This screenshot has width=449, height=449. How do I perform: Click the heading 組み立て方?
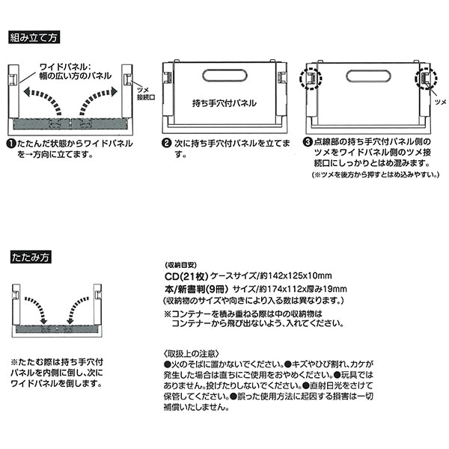coord(34,37)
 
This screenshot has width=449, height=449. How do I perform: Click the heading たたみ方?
coord(31,257)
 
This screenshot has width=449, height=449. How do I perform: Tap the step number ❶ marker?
coord(11,144)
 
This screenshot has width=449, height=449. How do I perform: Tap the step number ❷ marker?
coord(166,143)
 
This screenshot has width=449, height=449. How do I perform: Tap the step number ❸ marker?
coord(308,141)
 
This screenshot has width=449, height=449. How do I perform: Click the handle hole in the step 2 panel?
coord(224,76)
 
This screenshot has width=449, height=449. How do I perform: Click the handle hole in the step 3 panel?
coord(368,76)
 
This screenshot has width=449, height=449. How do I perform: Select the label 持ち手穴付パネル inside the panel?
coord(224,103)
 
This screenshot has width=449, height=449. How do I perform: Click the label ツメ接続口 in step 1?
coord(146,94)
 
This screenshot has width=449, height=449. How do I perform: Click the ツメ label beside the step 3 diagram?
coord(441,102)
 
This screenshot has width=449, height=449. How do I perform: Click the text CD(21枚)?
coord(186,276)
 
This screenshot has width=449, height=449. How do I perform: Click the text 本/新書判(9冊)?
coord(196,290)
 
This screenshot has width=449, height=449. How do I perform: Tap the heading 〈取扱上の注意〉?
coord(192,354)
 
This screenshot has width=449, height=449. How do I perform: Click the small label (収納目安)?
coord(181,265)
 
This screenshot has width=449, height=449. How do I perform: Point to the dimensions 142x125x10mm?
coord(300,276)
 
